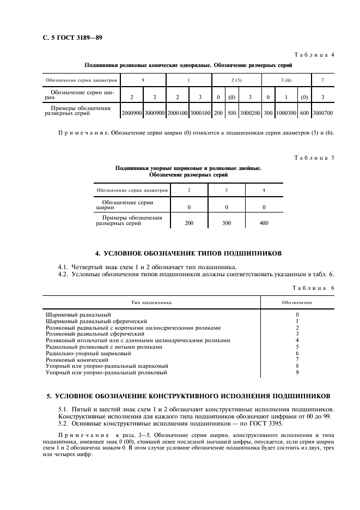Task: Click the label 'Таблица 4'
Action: click(x=314, y=55)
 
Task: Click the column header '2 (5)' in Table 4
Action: click(x=236, y=80)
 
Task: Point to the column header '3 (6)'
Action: click(x=286, y=80)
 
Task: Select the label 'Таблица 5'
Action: click(x=314, y=157)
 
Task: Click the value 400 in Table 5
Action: click(x=264, y=223)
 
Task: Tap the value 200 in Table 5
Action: click(x=189, y=223)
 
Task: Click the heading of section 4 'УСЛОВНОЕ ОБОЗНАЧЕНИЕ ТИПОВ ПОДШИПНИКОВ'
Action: click(x=188, y=253)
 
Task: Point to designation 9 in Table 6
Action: click(x=297, y=373)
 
